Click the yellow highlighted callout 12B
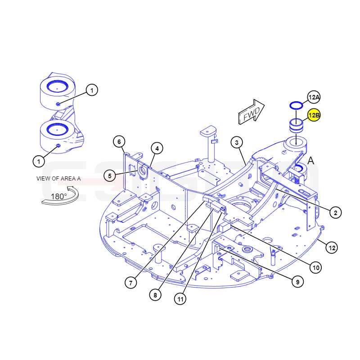(x=314, y=115)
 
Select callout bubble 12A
(x=314, y=97)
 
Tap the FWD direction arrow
(x=252, y=112)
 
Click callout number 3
(x=237, y=143)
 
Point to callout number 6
(x=119, y=142)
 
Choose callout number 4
(x=157, y=148)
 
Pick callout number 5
(x=109, y=176)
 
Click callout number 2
(x=335, y=212)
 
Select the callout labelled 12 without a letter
(x=332, y=248)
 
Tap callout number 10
(x=316, y=267)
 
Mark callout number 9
(x=297, y=282)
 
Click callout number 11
(x=180, y=299)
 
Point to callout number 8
(x=155, y=295)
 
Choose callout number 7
(x=131, y=283)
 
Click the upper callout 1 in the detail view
(x=92, y=90)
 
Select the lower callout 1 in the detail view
(x=39, y=162)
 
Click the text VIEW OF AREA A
(x=58, y=179)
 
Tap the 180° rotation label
(x=59, y=197)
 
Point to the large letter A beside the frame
(x=310, y=161)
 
